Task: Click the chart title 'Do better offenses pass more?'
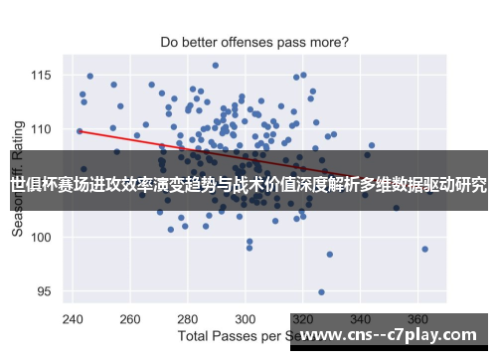(x=254, y=43)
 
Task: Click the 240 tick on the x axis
(x=73, y=320)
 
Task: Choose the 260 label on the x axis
(x=130, y=320)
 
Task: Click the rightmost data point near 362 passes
(x=424, y=249)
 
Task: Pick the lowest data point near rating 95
(x=321, y=292)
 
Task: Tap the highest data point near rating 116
(x=215, y=66)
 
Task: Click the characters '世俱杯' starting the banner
(x=34, y=184)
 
